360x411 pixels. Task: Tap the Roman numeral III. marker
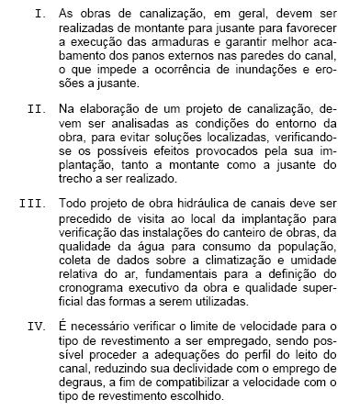(34, 198)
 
